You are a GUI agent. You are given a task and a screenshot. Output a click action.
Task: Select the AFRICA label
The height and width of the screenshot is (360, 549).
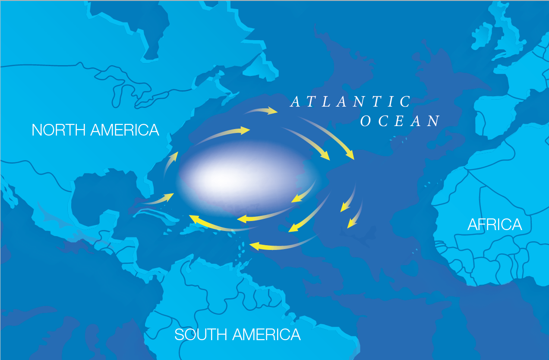tap(495, 224)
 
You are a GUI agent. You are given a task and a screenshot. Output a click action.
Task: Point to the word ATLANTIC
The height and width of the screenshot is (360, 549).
tap(350, 102)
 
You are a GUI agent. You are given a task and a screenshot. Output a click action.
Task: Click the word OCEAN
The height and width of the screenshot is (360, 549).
tap(400, 121)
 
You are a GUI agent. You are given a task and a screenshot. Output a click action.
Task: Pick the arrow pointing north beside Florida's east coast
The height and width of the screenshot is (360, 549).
tap(171, 162)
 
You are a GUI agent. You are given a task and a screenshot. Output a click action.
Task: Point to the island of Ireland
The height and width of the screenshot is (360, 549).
tap(479, 37)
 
